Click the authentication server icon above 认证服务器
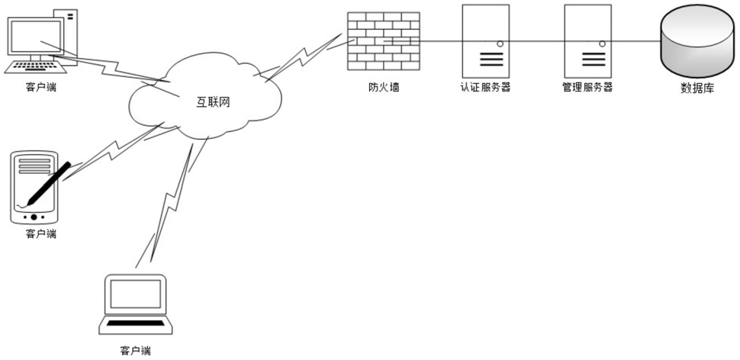coord(485,38)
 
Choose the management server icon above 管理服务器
coord(587,38)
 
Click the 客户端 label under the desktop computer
coord(40,86)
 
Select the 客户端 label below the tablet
coord(41,233)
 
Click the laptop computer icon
coord(137,304)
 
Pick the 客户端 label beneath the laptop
coord(136,351)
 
